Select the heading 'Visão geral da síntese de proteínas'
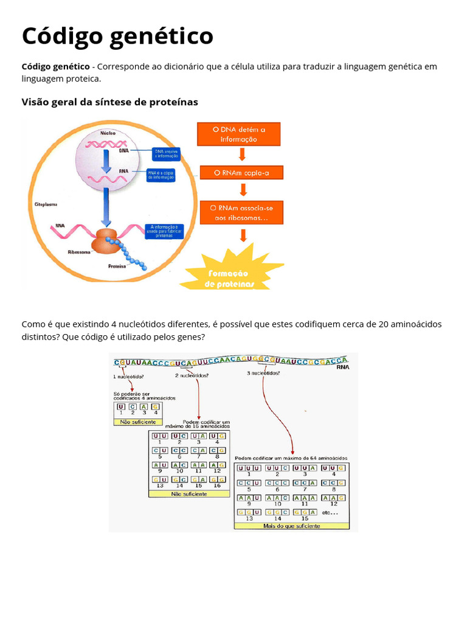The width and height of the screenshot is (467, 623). (x=110, y=102)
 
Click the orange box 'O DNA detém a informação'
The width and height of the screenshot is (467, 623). (x=239, y=134)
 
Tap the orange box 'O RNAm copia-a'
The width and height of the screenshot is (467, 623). (x=241, y=173)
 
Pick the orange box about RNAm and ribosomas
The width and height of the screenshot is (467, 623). (x=241, y=213)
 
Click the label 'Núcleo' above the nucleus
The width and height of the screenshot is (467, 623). (x=109, y=133)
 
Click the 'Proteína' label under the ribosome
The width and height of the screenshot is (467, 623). (x=117, y=266)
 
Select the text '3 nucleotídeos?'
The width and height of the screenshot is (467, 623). (x=264, y=373)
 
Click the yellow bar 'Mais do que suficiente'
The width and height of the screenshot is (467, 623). (x=292, y=526)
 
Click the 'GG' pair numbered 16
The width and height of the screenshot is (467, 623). (x=217, y=479)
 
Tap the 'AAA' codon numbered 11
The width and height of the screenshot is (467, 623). (x=305, y=497)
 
